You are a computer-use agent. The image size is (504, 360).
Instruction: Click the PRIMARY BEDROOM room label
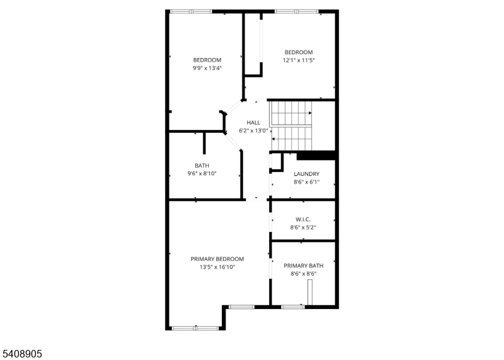(x=217, y=259)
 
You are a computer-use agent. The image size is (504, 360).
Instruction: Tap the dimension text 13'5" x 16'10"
(x=217, y=267)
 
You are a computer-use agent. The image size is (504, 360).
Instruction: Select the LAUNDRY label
(x=307, y=174)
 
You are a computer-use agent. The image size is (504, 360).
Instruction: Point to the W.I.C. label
(x=303, y=220)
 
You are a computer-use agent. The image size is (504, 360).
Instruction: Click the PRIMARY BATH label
(x=304, y=265)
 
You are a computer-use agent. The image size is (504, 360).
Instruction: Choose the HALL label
(x=253, y=122)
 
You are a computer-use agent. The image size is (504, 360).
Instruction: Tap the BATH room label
(x=202, y=166)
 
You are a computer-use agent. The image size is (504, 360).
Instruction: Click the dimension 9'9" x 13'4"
(x=207, y=68)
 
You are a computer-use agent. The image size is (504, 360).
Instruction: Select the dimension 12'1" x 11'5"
(x=299, y=60)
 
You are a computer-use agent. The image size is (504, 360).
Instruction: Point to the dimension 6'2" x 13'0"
(x=253, y=131)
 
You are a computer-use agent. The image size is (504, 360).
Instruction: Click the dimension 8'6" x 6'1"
(x=307, y=182)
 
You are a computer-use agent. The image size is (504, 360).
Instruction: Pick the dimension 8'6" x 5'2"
(x=303, y=228)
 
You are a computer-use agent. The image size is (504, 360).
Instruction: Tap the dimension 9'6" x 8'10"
(x=202, y=174)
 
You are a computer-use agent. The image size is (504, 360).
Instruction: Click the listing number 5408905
(x=21, y=354)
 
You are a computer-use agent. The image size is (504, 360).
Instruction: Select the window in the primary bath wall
(x=293, y=307)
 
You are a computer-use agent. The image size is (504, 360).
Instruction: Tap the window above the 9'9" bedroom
(x=191, y=11)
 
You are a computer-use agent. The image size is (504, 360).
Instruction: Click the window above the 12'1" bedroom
(x=297, y=11)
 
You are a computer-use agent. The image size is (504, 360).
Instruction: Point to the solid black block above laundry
(x=316, y=156)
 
